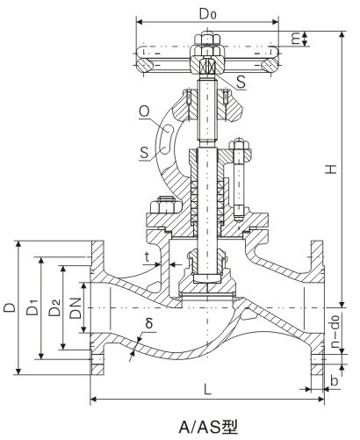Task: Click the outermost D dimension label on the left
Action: point(9,307)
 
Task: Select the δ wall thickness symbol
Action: point(150,323)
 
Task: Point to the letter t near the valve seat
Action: point(147,256)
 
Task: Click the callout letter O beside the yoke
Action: point(142,111)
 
